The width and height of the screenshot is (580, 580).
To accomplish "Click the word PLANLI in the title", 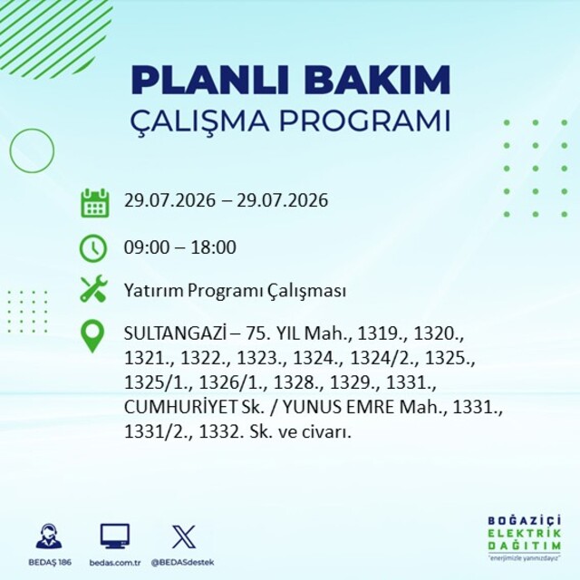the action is [x=209, y=81].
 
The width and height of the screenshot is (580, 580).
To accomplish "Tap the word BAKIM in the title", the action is [x=377, y=81].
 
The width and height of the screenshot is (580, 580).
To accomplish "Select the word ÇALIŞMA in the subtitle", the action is [x=199, y=121].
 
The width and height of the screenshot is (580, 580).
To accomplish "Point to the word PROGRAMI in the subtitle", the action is [x=365, y=121].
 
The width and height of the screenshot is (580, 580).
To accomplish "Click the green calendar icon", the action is [x=94, y=203].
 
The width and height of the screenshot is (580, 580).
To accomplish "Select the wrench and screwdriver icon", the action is [x=93, y=288].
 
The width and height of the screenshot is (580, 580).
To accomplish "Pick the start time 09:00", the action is [x=147, y=247].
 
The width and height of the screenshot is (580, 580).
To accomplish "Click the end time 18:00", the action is [x=213, y=247].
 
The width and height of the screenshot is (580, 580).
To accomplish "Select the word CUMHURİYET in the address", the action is [x=179, y=407].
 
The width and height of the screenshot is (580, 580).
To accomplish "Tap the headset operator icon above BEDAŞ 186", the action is [x=49, y=536].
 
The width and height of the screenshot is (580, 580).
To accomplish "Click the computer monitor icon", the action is [x=115, y=536].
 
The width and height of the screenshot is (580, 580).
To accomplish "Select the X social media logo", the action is [x=184, y=536].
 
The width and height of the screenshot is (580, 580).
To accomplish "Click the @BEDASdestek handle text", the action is [x=182, y=563].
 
